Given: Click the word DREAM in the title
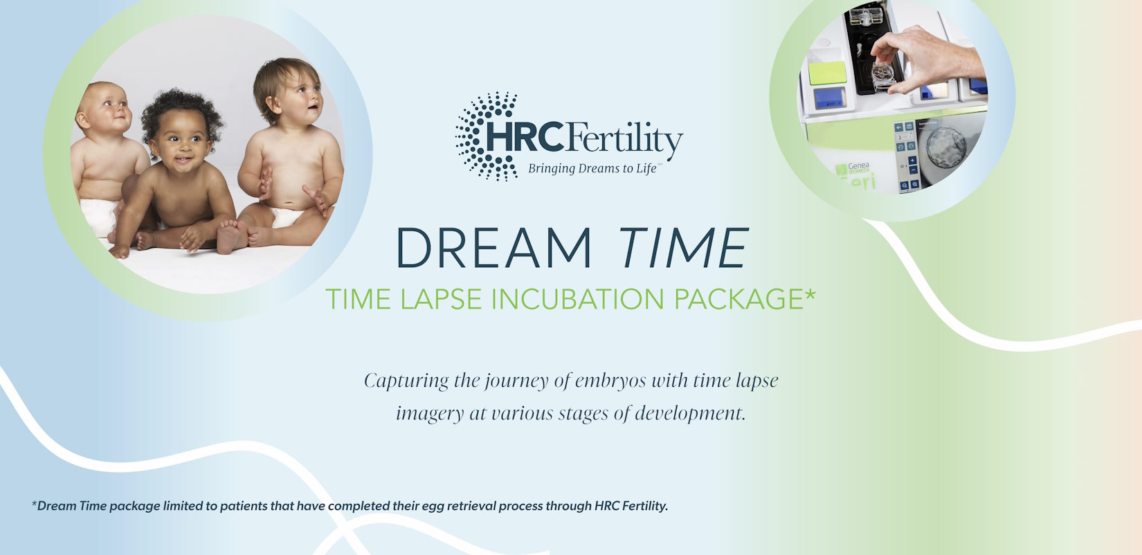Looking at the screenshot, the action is point(493,248).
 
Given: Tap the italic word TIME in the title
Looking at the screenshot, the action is point(684,248).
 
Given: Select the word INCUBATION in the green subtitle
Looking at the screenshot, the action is point(578,299).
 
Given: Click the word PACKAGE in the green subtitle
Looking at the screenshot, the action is point(739,299).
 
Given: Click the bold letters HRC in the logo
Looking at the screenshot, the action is point(525,136).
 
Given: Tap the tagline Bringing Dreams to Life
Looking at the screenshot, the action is point(592,169).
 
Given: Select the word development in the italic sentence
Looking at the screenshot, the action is point(689,413).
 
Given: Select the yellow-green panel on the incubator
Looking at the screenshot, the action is point(827,73).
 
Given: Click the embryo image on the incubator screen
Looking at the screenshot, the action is point(945,148).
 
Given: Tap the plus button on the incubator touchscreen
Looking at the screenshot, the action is point(912,161).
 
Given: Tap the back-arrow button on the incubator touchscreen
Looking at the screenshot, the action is point(898,127).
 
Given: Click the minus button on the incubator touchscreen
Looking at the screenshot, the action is point(913,170).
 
